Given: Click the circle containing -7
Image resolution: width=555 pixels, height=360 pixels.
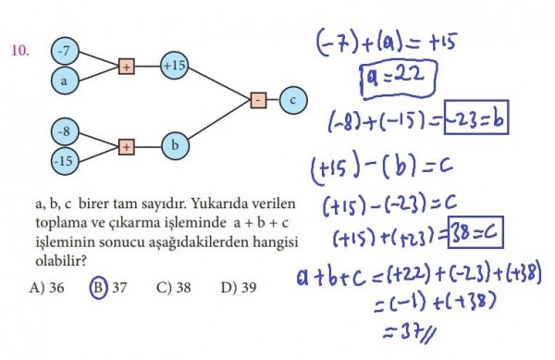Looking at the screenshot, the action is click(x=65, y=51).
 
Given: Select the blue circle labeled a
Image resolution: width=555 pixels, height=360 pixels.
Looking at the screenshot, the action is click(x=65, y=81).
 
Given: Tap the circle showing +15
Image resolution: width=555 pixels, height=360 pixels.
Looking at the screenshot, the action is click(x=174, y=66).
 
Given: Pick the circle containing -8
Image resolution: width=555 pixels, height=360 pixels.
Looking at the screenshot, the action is click(x=65, y=131).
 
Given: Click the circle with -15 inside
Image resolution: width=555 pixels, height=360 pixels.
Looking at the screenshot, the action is click(x=65, y=161).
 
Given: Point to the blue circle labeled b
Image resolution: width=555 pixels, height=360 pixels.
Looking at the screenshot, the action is click(x=175, y=146).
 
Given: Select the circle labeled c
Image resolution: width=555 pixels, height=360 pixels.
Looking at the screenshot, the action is click(x=293, y=100).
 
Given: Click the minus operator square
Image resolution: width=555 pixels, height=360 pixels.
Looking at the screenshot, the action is click(x=258, y=100).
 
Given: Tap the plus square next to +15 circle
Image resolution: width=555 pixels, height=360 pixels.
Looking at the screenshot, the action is click(x=127, y=67).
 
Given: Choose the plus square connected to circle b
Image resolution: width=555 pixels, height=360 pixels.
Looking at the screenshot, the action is click(x=127, y=147).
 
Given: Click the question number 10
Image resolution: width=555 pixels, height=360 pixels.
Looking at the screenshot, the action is click(x=19, y=51).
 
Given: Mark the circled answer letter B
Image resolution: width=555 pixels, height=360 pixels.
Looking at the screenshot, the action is click(x=98, y=287).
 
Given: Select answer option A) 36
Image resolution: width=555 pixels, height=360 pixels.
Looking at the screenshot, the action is click(x=47, y=287).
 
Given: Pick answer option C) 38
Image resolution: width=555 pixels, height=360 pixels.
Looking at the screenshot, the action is click(x=174, y=287).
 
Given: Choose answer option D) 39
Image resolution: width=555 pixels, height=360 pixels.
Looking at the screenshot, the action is click(x=239, y=287).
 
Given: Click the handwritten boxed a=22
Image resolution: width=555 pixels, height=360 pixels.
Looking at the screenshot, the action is click(x=399, y=79).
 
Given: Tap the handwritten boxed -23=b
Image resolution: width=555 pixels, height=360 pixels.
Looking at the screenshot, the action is click(x=476, y=118).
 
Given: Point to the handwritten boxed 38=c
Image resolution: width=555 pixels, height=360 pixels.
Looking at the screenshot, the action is click(x=475, y=232).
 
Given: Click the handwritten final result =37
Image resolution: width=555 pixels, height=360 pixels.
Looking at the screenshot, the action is click(x=409, y=333).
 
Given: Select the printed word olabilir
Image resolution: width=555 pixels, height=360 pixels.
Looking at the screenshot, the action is click(x=61, y=261).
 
